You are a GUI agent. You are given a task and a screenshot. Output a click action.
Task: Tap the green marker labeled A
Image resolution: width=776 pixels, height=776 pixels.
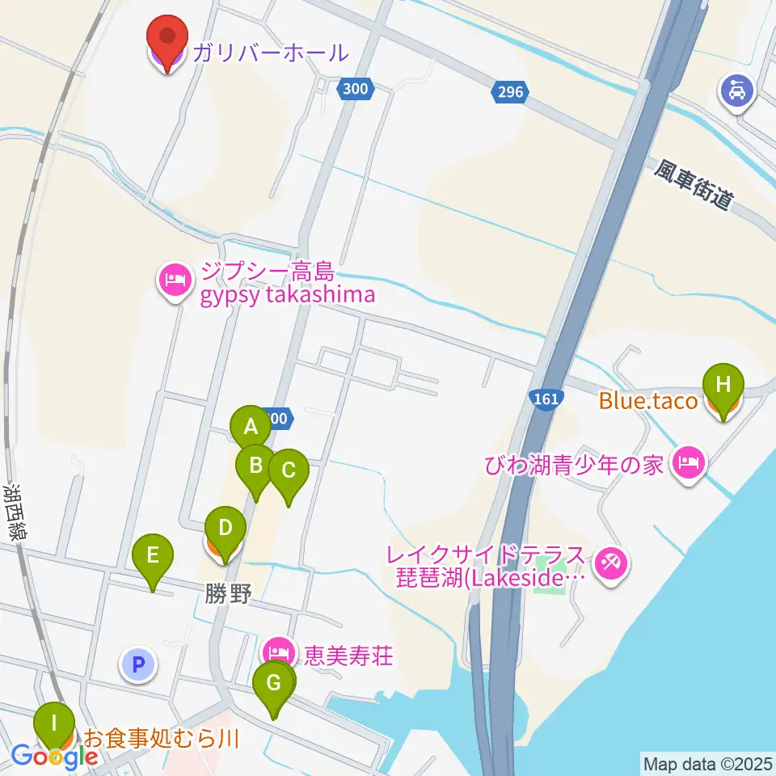pos(251,426)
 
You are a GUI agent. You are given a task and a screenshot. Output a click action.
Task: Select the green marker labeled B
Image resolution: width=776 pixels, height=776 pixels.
pos(255,466)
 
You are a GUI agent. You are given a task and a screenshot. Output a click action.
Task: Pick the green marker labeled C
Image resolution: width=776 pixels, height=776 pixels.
pos(289,470)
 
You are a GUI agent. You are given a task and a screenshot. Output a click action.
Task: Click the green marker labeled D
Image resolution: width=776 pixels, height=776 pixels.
pos(226,529)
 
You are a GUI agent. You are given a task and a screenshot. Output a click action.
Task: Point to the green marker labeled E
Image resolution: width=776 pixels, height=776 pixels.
pos(153,555)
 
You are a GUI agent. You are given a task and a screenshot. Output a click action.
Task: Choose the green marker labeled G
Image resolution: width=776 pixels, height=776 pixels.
pos(274,685)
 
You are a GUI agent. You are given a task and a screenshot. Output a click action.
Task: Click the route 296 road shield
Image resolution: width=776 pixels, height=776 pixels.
pos(511,93)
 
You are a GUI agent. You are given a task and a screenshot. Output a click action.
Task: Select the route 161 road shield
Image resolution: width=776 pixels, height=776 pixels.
pos(547,399)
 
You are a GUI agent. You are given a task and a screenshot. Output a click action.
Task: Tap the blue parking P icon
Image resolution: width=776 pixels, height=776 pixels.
pos(137,665)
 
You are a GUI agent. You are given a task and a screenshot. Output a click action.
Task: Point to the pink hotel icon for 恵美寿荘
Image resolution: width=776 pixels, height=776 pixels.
pos(278,652)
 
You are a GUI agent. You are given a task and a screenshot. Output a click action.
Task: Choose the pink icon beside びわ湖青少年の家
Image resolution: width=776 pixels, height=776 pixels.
pos(690,464)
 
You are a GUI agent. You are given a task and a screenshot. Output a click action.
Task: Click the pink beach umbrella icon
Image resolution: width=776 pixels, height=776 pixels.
pos(610,563)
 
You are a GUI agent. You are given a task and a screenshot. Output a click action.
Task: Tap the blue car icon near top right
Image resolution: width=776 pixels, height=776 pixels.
pos(736,87)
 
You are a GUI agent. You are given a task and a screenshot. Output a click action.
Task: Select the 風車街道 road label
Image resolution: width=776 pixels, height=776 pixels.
pos(694,185)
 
